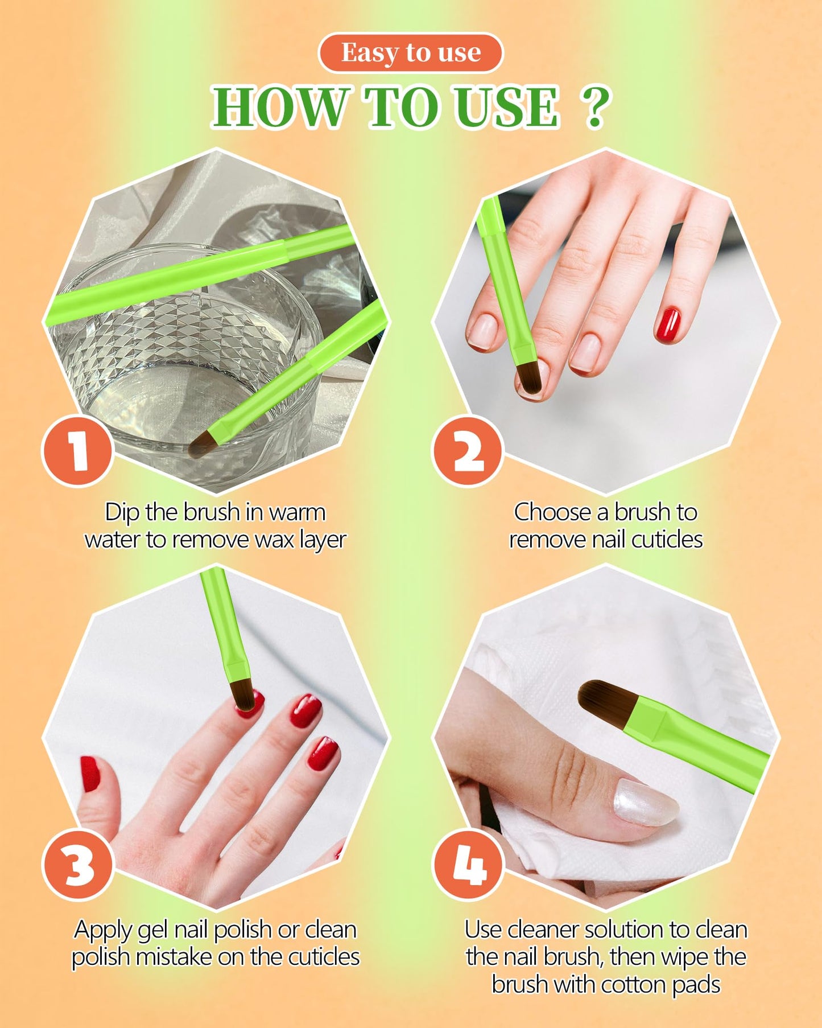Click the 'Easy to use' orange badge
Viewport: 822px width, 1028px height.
[411, 53]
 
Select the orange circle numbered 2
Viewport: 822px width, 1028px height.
[468, 450]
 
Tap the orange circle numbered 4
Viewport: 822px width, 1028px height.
[468, 865]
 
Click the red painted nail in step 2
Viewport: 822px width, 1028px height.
[668, 324]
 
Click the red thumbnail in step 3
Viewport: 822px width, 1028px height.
[89, 774]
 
